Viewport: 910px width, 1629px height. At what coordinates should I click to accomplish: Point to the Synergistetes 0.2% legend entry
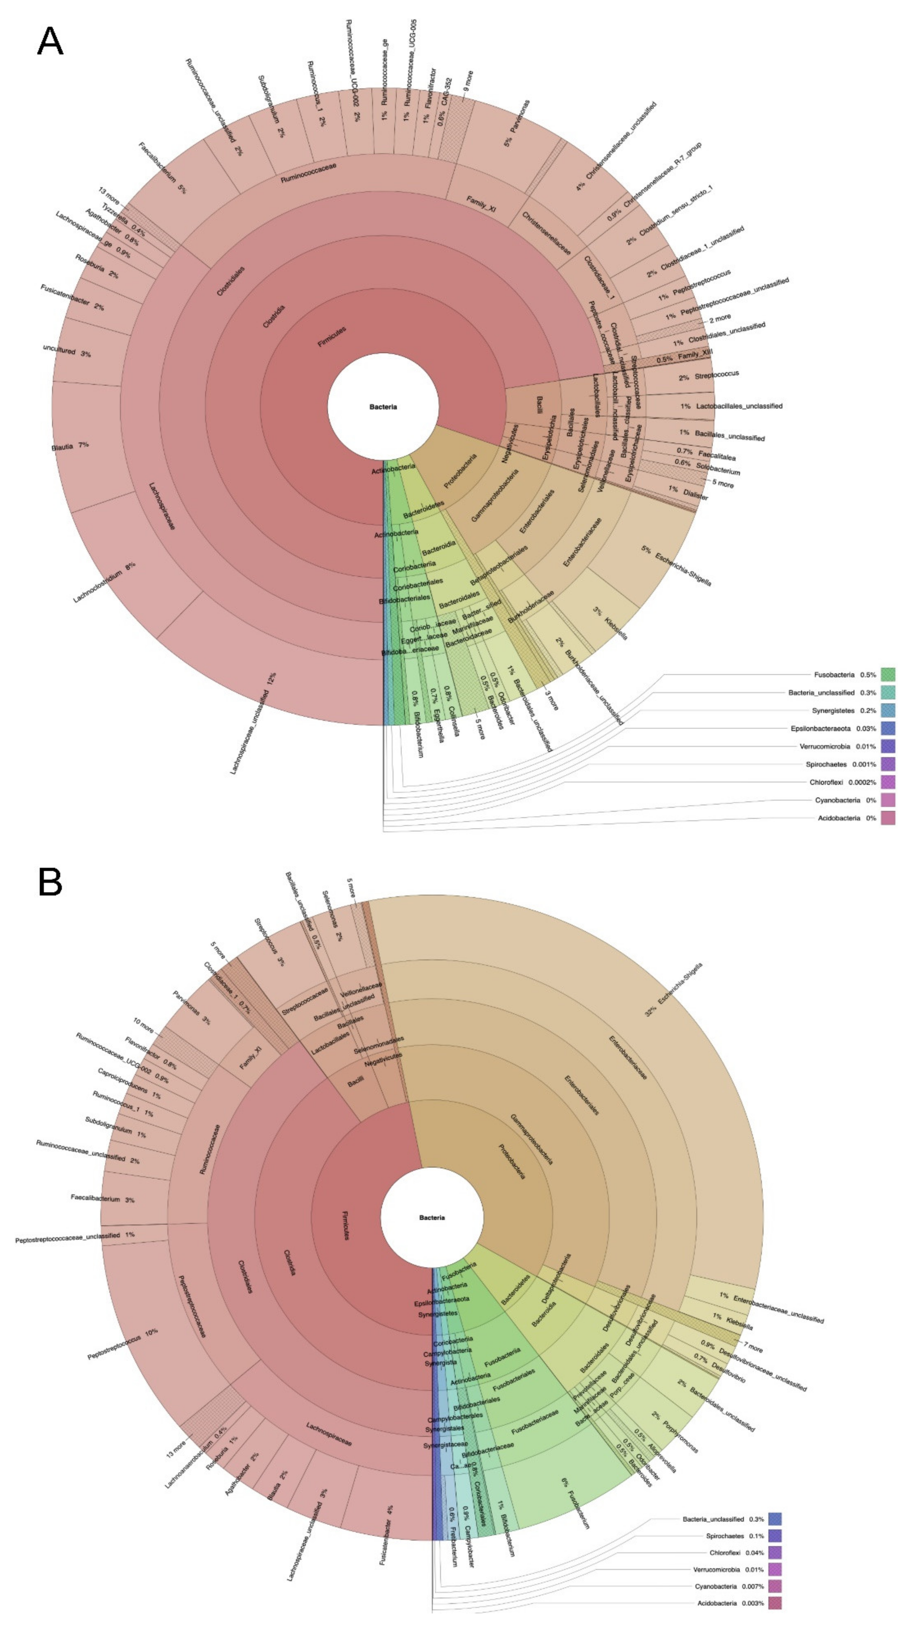[x=844, y=710]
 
